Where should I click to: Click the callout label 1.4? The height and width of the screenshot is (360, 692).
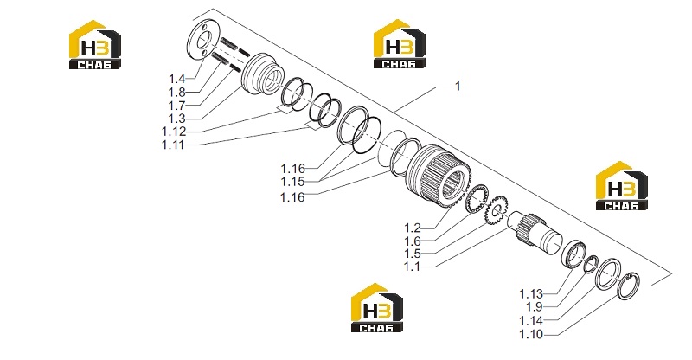pos(176,79)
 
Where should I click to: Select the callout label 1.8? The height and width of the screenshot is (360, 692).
pos(176,93)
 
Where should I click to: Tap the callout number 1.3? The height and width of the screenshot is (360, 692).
pos(176,119)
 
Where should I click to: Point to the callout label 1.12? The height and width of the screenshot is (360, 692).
pos(174,132)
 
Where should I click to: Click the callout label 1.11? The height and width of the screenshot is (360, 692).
pos(173,145)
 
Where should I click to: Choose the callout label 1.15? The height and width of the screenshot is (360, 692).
pos(292,182)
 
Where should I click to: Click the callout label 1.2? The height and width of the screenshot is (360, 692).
pos(413,228)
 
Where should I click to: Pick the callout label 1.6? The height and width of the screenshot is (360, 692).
pos(413,241)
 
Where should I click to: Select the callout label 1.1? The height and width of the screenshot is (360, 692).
pos(412,267)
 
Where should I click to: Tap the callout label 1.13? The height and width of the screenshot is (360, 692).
pos(531,294)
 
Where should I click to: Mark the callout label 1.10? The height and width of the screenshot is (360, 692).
pos(531,334)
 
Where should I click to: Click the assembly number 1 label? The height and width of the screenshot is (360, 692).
pos(458,87)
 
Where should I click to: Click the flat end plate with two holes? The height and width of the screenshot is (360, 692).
pos(202,40)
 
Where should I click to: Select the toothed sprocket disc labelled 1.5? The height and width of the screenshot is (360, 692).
pos(497,210)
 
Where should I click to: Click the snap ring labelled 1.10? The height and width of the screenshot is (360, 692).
pos(629,286)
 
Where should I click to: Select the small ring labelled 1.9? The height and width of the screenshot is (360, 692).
pos(592,264)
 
